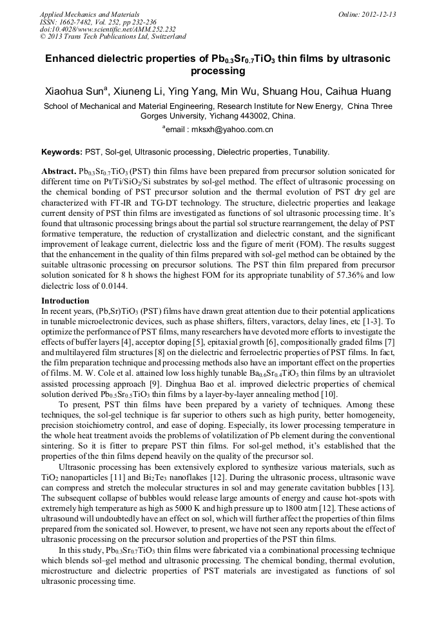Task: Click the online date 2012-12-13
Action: click(373, 14)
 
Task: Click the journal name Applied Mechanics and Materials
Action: click(85, 14)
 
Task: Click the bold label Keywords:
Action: click(62, 152)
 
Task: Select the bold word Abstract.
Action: click(59, 171)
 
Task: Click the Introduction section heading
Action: click(65, 301)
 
